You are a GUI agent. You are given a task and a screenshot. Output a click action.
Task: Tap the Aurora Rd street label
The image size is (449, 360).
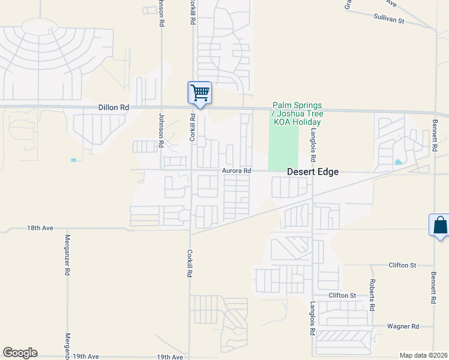[236, 170]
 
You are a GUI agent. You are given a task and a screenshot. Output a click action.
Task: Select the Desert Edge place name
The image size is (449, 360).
[312, 172]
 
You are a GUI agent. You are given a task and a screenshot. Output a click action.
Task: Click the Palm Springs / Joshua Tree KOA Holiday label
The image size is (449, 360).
[297, 113]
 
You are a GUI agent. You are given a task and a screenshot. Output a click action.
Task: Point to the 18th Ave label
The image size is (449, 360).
[40, 229]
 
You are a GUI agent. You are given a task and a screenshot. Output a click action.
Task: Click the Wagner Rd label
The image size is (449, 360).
[403, 326]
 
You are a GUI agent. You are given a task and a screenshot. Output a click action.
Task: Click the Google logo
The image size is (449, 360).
[20, 353]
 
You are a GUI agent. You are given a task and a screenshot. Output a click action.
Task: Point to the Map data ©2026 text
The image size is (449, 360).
[423, 355]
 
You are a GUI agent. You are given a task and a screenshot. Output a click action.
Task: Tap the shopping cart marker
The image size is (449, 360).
[199, 93]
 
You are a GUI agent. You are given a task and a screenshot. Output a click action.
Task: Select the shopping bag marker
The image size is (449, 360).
[440, 226]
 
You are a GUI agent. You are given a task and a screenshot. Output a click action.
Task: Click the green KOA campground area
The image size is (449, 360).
[283, 147]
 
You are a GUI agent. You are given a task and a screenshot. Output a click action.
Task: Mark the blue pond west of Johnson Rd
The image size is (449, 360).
[73, 160]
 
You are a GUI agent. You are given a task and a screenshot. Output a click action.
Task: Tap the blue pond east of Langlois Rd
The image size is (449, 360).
[399, 161]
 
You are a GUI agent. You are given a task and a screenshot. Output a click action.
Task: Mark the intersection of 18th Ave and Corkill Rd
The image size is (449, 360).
[190, 229]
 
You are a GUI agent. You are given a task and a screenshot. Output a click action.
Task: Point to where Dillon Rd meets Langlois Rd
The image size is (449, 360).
[312, 110]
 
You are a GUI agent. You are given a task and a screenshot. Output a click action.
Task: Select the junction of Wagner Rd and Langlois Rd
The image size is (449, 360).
[312, 327]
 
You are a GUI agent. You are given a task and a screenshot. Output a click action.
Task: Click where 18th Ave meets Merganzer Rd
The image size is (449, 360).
[67, 229]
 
